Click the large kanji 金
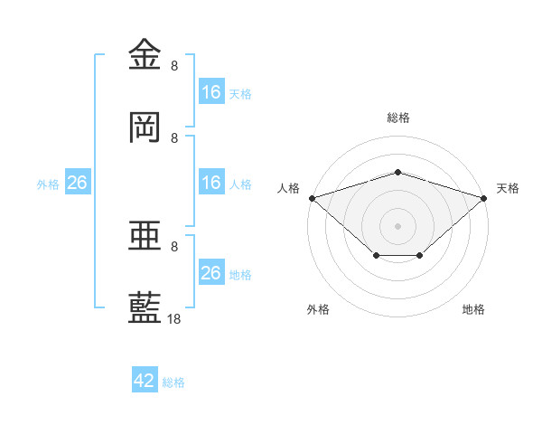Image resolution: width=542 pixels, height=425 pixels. click(145, 53)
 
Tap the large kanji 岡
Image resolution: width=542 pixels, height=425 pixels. click(145, 127)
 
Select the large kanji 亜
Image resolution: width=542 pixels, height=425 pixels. click(145, 235)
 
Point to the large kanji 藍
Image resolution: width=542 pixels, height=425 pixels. click(145, 307)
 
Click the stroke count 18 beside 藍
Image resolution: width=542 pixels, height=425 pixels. click(173, 318)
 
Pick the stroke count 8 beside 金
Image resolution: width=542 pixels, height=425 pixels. click(174, 65)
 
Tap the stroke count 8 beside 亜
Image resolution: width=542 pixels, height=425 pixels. click(174, 247)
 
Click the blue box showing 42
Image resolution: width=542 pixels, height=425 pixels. click(145, 379)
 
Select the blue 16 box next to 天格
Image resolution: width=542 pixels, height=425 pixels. click(211, 91)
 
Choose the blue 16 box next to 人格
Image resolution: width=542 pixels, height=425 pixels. click(211, 182)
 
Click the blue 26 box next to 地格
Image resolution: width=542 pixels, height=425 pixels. click(211, 271)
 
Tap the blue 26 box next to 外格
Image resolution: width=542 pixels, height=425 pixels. click(78, 182)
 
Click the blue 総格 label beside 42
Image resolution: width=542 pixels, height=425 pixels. click(173, 382)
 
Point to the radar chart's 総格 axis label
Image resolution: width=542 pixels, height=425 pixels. click(398, 118)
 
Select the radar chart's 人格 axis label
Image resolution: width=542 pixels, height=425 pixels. click(288, 188)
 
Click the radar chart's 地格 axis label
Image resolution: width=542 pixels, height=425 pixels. click(473, 309)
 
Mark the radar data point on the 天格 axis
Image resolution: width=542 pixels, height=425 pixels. click(484, 198)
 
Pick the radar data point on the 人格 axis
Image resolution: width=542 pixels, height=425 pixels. click(313, 198)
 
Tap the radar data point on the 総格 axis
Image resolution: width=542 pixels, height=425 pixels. click(397, 172)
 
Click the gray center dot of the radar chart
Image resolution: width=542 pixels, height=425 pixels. click(397, 226)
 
